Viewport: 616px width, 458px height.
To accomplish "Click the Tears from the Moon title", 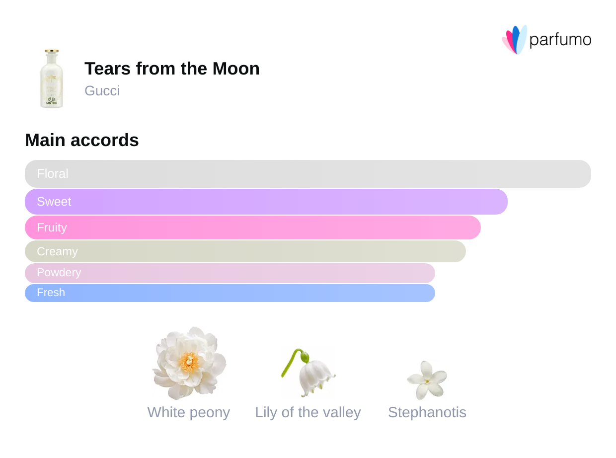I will tap(172, 69).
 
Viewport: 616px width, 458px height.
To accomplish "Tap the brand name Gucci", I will tap(102, 91).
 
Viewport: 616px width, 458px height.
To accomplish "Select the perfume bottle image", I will tap(52, 78).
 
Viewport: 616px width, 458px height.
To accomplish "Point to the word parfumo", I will tap(560, 40).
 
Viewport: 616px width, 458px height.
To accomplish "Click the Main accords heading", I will tap(82, 140).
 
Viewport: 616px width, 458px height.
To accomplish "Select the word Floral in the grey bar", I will tap(53, 174).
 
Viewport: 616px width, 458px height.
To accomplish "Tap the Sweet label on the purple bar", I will tap(54, 202).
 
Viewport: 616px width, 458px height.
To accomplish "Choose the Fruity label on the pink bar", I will tap(52, 228).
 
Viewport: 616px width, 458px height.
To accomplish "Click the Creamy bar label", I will tap(57, 251).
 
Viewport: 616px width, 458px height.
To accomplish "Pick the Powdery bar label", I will tap(59, 273).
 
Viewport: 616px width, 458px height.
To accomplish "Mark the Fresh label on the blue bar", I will tap(51, 293).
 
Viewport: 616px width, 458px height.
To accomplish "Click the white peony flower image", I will tap(189, 363).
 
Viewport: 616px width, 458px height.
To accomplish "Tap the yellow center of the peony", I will tap(189, 362).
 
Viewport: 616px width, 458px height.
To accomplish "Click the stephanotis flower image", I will tap(427, 380).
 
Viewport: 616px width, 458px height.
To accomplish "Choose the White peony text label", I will tap(189, 412).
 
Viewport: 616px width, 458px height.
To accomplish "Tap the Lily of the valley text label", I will tap(308, 412).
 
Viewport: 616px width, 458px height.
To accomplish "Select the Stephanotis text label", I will tap(427, 412).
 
